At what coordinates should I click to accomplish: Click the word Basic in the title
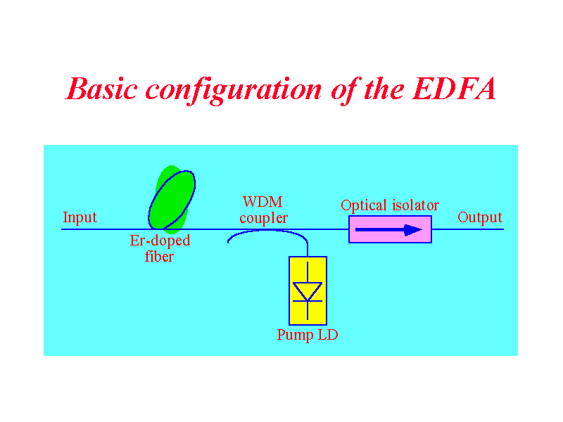[x=102, y=89]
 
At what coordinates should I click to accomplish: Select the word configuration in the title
[x=234, y=91]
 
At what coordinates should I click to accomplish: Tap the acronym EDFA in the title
[x=455, y=89]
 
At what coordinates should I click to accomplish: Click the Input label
[x=80, y=217]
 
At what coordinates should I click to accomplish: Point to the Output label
[x=480, y=217]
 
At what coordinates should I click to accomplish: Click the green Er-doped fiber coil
[x=172, y=200]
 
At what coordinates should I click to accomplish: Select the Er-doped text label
[x=160, y=241]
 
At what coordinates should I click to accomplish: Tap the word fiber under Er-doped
[x=159, y=257]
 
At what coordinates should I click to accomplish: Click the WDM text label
[x=262, y=202]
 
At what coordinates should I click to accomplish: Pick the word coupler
[x=263, y=219]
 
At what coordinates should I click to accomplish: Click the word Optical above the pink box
[x=364, y=205]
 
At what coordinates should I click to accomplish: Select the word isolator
[x=415, y=205]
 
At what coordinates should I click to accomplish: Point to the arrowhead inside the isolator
[x=413, y=230]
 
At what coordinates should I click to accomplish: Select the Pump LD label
[x=308, y=335]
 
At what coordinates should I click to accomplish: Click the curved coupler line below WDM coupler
[x=267, y=231]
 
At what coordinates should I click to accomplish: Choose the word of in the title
[x=344, y=91]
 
